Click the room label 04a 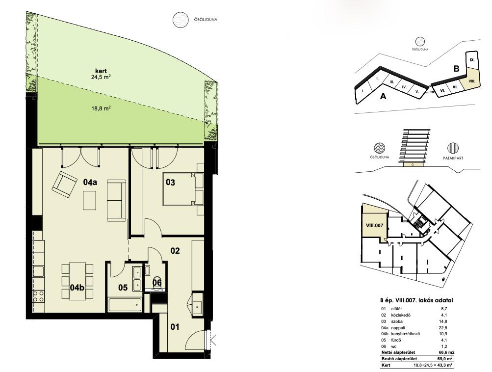pyautogui.click(x=90, y=182)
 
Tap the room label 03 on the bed pyautogui.click(x=170, y=182)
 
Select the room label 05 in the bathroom pyautogui.click(x=123, y=287)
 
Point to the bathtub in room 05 pyautogui.click(x=125, y=304)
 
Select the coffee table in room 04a pyautogui.click(x=89, y=200)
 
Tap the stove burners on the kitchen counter pyautogui.click(x=38, y=296)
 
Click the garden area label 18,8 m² pyautogui.click(x=101, y=108)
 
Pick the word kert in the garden pyautogui.click(x=101, y=71)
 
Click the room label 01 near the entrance pyautogui.click(x=175, y=327)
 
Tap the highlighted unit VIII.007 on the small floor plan pyautogui.click(x=374, y=225)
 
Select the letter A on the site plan pyautogui.click(x=383, y=96)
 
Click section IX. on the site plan pyautogui.click(x=472, y=60)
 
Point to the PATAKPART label pyautogui.click(x=453, y=158)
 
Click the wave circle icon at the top pyautogui.click(x=181, y=20)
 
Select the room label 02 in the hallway pyautogui.click(x=175, y=250)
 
